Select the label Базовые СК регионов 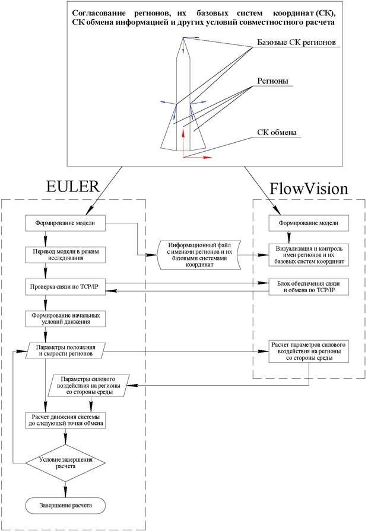pos(296,43)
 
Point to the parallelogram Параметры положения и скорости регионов pos(65,350)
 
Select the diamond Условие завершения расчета pos(65,462)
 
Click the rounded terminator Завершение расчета pos(65,504)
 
